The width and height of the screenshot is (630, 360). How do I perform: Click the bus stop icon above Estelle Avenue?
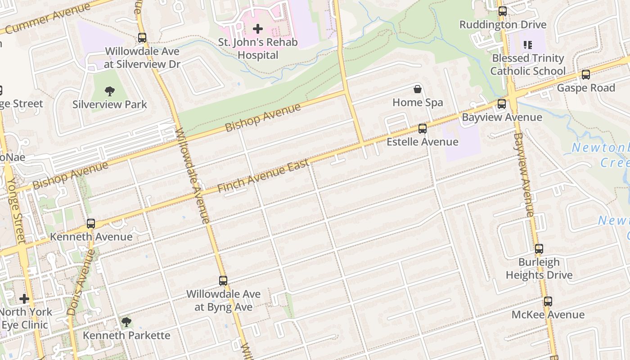422,129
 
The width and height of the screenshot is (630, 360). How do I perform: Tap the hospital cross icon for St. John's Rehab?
258,29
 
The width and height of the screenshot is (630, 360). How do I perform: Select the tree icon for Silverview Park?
110,91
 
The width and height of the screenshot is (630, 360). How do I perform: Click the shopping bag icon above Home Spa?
418,89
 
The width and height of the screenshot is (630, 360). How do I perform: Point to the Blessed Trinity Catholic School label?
528,65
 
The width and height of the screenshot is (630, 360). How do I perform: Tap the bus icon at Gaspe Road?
585,75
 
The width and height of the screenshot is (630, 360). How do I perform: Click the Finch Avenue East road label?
263,175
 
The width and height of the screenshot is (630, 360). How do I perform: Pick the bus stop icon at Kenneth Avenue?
91,224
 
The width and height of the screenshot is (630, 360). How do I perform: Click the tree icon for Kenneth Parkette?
126,322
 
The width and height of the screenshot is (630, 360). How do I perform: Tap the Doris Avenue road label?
81,282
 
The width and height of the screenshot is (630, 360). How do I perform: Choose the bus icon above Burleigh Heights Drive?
539,249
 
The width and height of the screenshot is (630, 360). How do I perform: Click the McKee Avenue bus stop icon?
548,301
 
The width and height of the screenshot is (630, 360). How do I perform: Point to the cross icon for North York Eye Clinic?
24,299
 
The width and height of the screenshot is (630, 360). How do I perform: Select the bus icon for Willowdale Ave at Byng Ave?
223,281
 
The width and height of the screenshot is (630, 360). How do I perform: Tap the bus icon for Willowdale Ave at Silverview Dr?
142,38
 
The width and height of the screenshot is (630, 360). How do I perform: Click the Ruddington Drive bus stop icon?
502,11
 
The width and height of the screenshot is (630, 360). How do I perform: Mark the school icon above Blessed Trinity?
528,45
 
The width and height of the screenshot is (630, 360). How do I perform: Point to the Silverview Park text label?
110,104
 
